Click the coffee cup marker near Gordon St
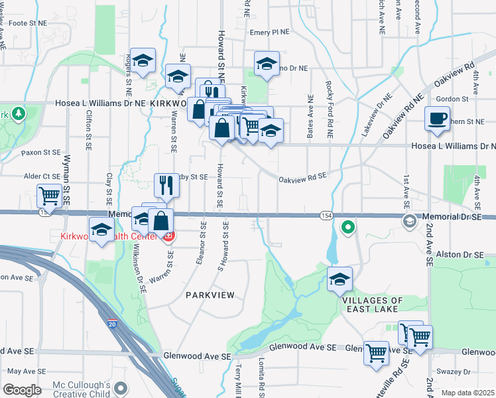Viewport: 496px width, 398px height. coord(437,118)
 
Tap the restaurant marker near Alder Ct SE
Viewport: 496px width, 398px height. coord(166,186)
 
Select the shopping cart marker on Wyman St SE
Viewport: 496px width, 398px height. coord(50,196)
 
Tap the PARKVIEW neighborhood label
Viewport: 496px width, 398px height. coord(210,295)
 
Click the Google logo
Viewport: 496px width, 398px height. coord(22,390)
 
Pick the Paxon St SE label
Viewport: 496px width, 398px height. coord(40,153)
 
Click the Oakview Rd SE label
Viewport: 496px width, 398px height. coord(303,177)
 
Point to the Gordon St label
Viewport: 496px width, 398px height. coord(452,99)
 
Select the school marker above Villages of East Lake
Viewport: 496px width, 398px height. coord(340,279)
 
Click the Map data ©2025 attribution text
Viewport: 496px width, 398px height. coord(467,393)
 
